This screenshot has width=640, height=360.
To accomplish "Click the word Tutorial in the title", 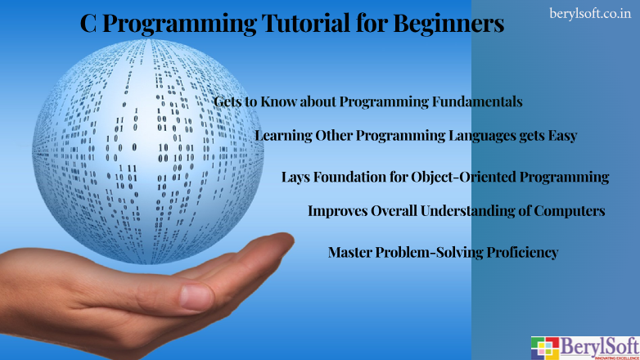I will pos(298,25).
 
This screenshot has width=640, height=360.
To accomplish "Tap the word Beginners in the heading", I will pos(448,25).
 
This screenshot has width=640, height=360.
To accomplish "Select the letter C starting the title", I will pos(89,25).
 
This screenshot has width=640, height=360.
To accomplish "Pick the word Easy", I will pos(560,136).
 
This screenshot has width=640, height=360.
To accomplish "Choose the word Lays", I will pos(295,177).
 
